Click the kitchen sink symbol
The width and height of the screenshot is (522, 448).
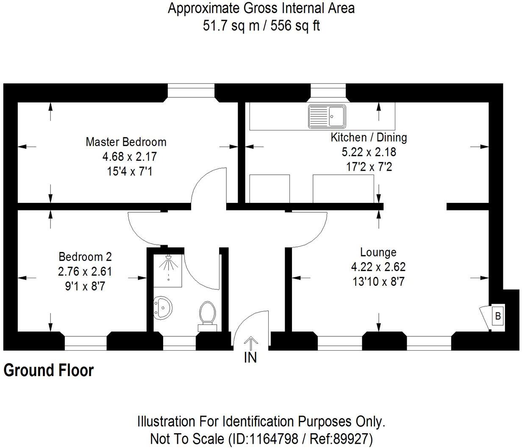[327, 116]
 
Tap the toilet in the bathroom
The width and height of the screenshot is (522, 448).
[207, 316]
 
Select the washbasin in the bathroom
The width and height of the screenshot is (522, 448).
[163, 307]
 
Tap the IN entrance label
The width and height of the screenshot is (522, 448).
[250, 358]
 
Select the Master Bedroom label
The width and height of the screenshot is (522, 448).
[126, 142]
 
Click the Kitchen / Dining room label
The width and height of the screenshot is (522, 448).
[369, 138]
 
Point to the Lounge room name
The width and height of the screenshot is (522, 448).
[378, 252]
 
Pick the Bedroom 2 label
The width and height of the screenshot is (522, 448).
[85, 257]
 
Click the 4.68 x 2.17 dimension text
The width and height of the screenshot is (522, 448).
[130, 157]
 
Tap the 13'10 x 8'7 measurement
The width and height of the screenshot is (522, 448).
[378, 282]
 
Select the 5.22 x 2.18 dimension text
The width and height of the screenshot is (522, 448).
[369, 152]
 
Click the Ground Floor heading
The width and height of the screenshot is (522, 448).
[48, 370]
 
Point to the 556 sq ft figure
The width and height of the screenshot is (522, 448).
[295, 26]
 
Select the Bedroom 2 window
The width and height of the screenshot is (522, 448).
[86, 343]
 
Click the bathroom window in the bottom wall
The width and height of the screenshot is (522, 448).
[179, 343]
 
